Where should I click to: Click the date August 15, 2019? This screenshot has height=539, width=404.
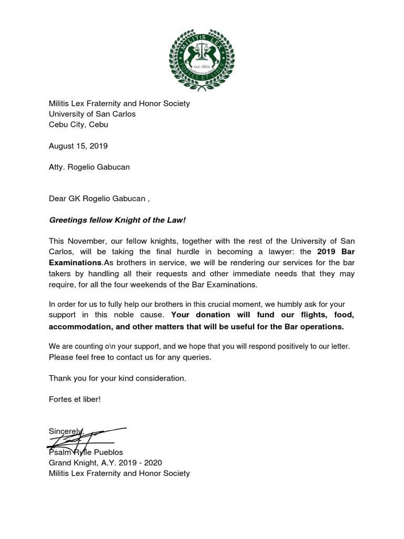[x=78, y=146]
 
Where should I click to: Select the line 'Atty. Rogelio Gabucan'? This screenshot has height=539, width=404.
[x=89, y=167]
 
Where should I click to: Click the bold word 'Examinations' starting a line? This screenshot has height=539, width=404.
[x=75, y=262]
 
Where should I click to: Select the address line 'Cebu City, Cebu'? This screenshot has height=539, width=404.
[x=78, y=125]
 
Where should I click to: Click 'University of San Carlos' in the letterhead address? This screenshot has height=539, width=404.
[x=92, y=114]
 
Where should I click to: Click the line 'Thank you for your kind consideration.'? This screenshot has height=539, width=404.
[x=117, y=378]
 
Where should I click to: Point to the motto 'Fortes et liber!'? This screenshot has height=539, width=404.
[x=74, y=399]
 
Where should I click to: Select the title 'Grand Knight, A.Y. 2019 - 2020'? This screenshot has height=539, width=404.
[x=105, y=463]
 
